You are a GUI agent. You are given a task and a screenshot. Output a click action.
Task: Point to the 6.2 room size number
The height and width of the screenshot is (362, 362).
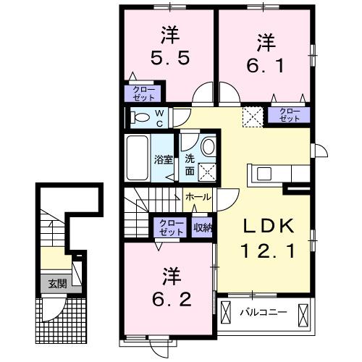pos(172,298)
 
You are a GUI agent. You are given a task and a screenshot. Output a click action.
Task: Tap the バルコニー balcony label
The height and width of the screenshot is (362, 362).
pos(263,313)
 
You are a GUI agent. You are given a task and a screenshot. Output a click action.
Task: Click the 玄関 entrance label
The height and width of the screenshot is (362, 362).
pos(56,283)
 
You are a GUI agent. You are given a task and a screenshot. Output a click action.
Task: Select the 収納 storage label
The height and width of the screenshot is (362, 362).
pos(203,227)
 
